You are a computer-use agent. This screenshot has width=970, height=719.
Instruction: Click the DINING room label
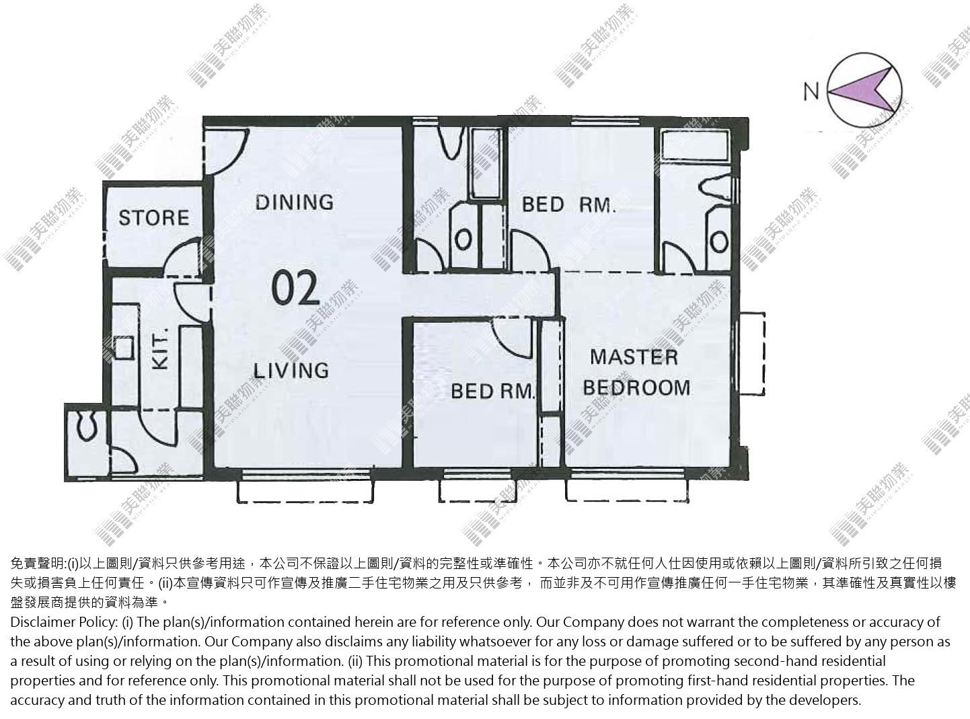pos(295,202)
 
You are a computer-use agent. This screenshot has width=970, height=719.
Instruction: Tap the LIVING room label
pos(291,371)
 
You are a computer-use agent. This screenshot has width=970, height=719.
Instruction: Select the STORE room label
pos(154,218)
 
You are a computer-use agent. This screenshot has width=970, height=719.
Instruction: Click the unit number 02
pos(295,289)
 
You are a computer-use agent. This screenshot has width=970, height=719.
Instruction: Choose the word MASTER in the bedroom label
pos(634,357)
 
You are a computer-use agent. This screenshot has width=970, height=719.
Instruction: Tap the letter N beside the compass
pos(811,92)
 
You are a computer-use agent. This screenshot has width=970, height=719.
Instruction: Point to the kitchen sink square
pos(124,348)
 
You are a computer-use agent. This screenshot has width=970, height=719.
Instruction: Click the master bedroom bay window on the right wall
pos(752,354)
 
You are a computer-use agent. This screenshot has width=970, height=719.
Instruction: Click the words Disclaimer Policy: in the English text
pos(64,622)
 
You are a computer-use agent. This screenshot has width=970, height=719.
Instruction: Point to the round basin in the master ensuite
pos(719,241)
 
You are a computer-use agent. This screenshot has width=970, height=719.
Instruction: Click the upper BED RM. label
pos(569,204)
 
